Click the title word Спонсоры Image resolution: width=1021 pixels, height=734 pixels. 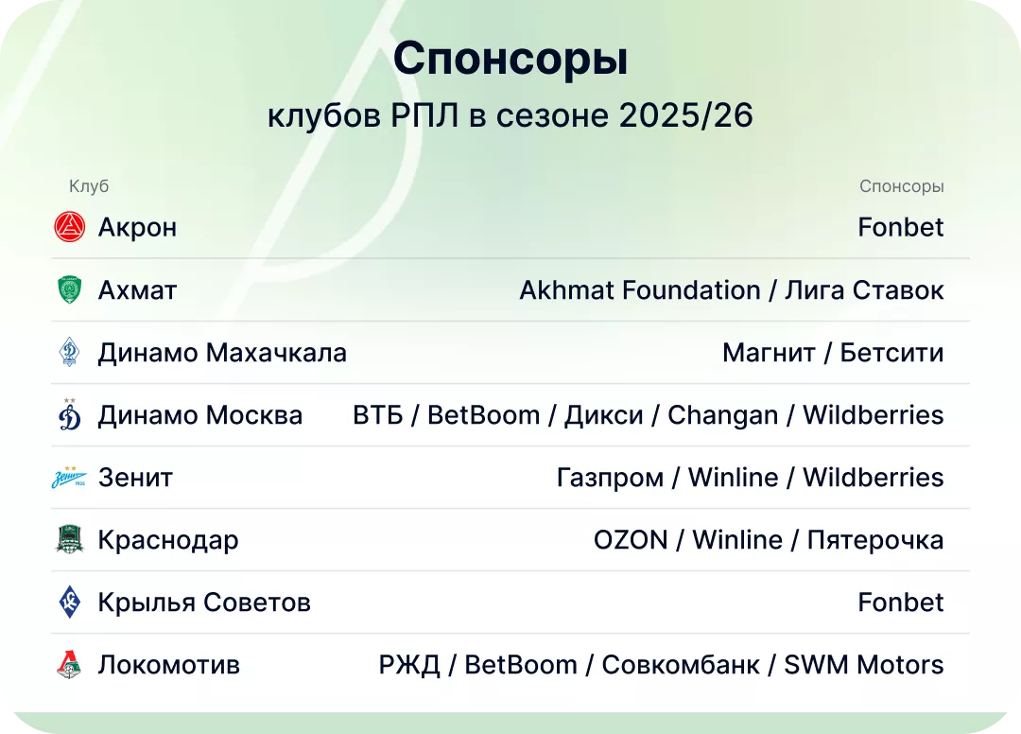[510, 60]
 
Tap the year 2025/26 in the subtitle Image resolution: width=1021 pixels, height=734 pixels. [686, 115]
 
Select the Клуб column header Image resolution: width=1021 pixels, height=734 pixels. [89, 186]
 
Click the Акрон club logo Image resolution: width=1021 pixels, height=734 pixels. [70, 227]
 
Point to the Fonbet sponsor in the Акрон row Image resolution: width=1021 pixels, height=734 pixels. [900, 227]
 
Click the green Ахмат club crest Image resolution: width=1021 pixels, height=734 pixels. [70, 289]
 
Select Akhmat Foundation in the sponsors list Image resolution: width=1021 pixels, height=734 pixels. [639, 289]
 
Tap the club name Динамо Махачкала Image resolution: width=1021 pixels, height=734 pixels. [222, 353]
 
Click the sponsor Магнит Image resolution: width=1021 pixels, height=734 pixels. [769, 353]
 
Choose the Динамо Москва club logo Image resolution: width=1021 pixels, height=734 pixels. [70, 415]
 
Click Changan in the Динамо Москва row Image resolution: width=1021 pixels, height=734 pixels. [722, 415]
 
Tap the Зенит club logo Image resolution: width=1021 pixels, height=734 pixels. [70, 478]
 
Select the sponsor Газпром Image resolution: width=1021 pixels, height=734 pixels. [610, 478]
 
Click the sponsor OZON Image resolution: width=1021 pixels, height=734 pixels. [631, 540]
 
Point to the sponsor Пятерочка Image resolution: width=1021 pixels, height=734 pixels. [874, 540]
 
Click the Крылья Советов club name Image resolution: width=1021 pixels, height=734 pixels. [204, 603]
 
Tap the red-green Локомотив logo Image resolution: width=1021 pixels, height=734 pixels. [70, 665]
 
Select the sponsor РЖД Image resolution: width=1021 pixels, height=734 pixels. [409, 665]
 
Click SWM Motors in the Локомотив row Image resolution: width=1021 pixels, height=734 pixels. [863, 665]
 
